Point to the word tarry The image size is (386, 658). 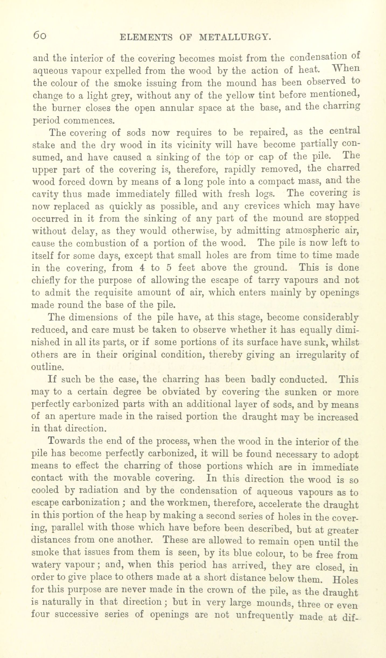(270, 280)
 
